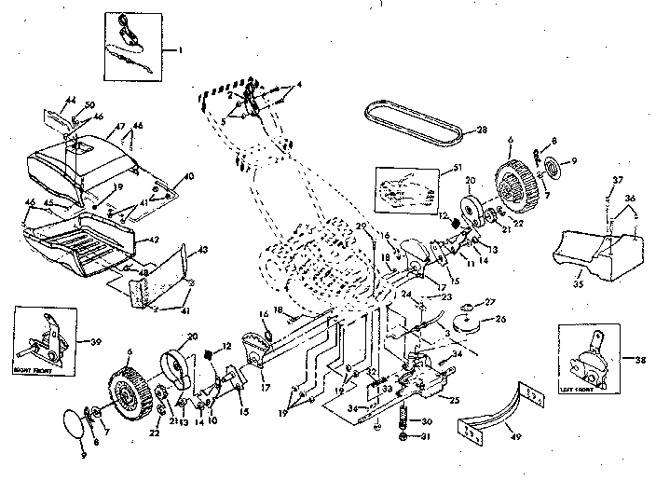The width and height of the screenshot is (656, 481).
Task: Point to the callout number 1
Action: pyautogui.click(x=183, y=47)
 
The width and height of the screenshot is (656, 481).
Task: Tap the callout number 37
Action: pyautogui.click(x=617, y=180)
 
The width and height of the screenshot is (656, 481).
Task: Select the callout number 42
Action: pyautogui.click(x=156, y=238)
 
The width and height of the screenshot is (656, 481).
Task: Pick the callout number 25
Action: pyautogui.click(x=454, y=401)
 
